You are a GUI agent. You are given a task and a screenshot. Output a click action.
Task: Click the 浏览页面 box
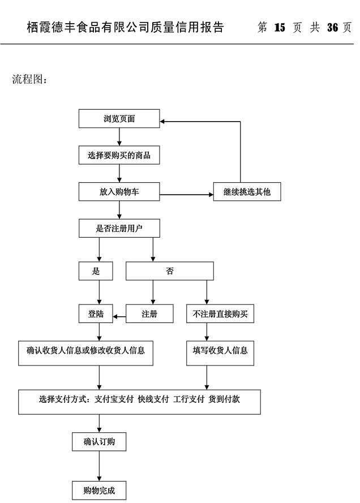119,119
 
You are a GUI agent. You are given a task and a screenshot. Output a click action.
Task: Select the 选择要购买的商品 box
119,155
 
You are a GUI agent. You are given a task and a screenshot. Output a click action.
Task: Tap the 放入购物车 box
119,192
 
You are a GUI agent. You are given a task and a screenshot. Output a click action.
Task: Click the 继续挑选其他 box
246,192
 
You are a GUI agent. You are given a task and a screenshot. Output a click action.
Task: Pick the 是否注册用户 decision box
119,228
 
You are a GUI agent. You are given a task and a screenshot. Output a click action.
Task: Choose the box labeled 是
96,271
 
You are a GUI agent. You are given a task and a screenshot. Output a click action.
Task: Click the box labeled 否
170,271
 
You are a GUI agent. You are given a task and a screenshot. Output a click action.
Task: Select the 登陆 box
96,314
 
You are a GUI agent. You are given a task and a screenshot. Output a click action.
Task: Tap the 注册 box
149,314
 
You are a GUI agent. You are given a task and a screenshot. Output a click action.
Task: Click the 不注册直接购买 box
220,314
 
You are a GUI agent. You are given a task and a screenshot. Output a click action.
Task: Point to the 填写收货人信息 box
220,351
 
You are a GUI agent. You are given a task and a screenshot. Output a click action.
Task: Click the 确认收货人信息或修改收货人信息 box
85,351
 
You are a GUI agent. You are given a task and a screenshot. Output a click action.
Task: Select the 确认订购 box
99,441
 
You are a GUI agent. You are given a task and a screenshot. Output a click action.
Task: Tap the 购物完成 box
99,491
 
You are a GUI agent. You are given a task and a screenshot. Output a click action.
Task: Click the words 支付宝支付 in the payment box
114,399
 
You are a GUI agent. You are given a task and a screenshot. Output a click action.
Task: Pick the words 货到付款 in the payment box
224,399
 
